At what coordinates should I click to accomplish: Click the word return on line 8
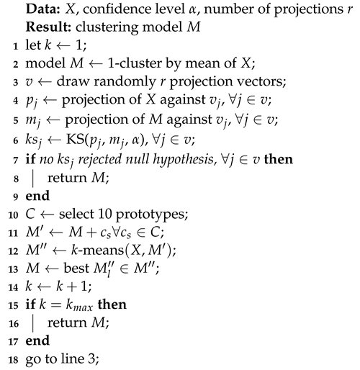(x=63, y=194)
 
